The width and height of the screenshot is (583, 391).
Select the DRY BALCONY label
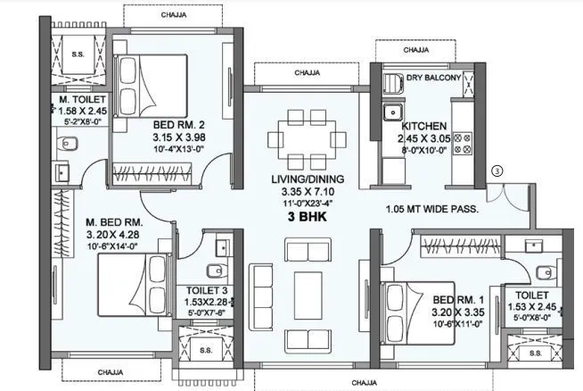pos(433,79)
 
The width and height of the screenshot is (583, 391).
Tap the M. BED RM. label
pos(114,221)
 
